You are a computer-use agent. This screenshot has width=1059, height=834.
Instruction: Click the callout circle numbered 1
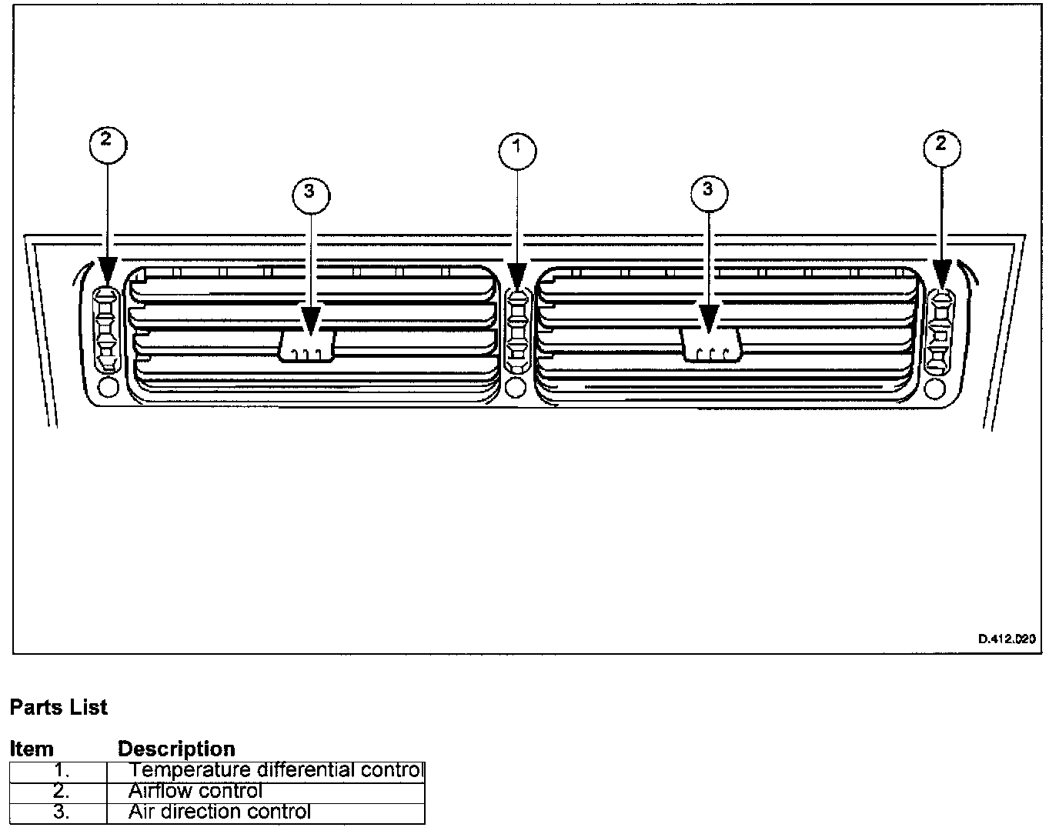517,150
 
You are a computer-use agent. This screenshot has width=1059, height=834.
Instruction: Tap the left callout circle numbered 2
108,144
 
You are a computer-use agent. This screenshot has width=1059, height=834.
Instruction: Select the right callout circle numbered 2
940,148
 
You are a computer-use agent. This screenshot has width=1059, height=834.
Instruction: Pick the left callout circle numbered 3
310,195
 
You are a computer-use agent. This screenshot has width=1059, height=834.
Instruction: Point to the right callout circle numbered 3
708,192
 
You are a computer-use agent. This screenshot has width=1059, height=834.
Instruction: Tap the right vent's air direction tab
711,345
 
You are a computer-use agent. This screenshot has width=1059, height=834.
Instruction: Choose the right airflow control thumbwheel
939,332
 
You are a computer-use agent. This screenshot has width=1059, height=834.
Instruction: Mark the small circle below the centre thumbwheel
516,387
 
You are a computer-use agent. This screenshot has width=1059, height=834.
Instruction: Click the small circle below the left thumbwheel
109,387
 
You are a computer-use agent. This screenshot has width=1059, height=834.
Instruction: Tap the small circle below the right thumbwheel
936,388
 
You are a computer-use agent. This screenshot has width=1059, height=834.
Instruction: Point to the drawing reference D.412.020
1007,639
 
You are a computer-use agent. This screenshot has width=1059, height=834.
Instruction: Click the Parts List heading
58,707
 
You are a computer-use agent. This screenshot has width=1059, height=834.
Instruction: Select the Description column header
176,749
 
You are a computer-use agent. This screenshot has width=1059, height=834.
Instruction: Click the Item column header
32,749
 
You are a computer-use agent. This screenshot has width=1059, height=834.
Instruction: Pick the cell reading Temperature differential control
276,770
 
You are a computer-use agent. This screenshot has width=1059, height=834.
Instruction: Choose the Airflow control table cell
195,791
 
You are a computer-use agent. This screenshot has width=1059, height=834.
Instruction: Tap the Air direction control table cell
219,812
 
